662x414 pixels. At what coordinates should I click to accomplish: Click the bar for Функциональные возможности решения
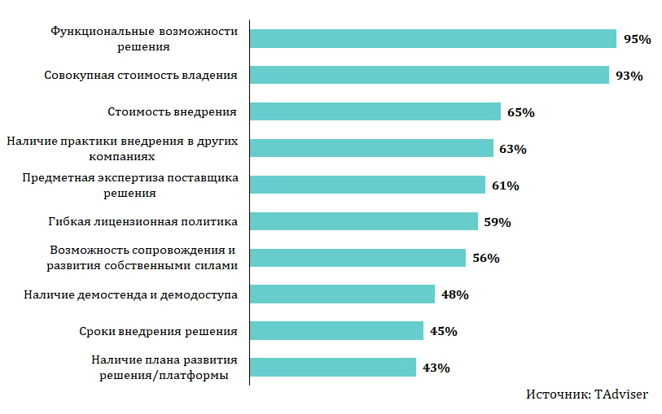432,38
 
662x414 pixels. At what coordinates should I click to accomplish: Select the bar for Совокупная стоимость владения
429,75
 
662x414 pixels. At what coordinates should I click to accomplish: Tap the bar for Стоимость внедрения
375,111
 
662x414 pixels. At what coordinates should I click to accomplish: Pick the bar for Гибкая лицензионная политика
363,221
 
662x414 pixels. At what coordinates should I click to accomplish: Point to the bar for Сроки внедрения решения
336,330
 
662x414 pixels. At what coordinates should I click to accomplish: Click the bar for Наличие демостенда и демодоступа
342,294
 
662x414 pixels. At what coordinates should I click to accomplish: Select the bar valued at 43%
332,367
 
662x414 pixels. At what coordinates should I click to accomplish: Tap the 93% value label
629,76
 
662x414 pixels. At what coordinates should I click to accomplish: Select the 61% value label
506,185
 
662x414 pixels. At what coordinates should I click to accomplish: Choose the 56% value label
485,258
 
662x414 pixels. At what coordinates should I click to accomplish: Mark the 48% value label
454,294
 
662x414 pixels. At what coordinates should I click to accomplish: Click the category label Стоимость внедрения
173,111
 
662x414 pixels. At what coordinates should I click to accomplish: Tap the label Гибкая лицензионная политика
142,221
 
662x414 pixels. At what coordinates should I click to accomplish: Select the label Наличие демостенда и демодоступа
130,294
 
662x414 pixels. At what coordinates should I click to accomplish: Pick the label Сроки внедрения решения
158,331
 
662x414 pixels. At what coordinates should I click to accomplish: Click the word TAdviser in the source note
621,394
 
